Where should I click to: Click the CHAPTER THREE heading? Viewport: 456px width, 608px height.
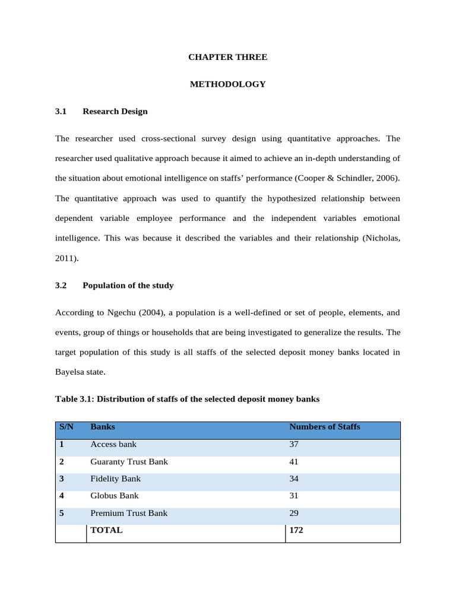227,57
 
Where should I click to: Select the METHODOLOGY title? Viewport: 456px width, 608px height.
227,84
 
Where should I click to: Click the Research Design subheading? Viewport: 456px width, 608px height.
115,111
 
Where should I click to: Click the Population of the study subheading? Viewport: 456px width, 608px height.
128,285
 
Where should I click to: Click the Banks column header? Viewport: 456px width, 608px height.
103,427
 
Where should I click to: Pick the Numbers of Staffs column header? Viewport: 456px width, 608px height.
324,427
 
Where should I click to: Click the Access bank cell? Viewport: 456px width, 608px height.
113,444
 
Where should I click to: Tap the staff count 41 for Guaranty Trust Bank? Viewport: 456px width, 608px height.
293,461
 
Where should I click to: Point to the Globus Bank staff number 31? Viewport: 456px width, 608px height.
293,496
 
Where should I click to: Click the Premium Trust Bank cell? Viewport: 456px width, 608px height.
129,513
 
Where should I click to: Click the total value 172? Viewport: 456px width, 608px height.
296,530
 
